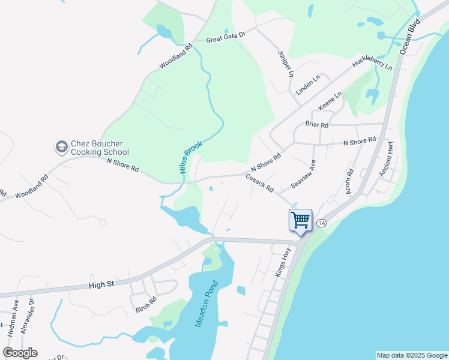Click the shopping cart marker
tap(300, 220)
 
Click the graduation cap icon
tap(61, 146)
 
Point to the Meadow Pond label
tap(203, 305)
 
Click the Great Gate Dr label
tap(226, 39)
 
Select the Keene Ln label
tap(330, 100)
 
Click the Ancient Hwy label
tap(385, 159)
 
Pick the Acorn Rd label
tap(350, 181)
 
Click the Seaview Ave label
tap(304, 173)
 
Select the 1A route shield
tap(322, 223)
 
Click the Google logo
tap(20, 353)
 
